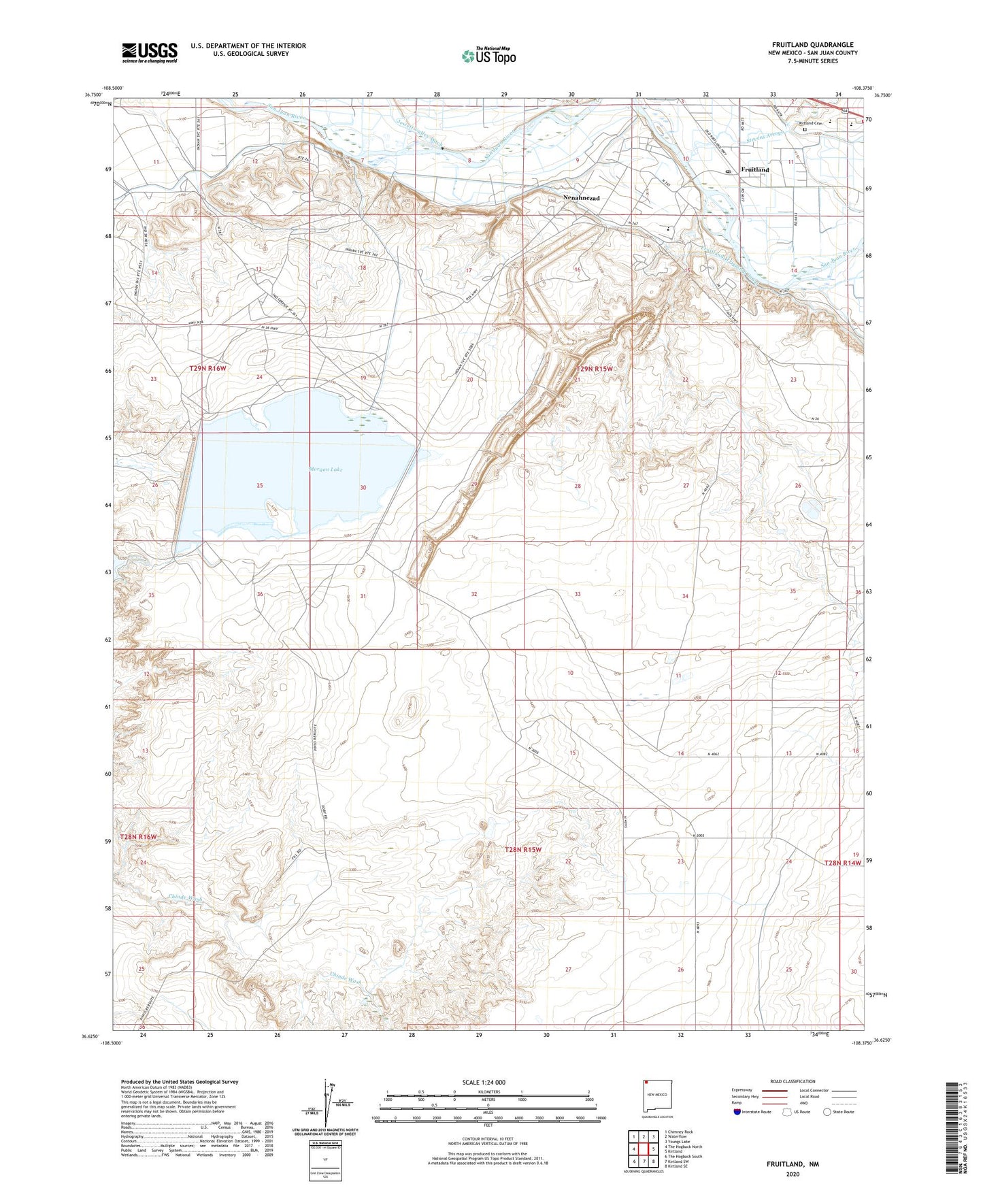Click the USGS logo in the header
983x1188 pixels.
pyautogui.click(x=150, y=52)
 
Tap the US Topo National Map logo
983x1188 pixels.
pyautogui.click(x=488, y=56)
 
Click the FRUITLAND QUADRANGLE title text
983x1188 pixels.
pyautogui.click(x=812, y=45)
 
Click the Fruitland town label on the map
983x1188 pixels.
pyautogui.click(x=755, y=169)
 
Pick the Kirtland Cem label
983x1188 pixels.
pyautogui.click(x=810, y=123)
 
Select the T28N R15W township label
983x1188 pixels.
pyautogui.click(x=522, y=850)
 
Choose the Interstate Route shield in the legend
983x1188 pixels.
pyautogui.click(x=737, y=1112)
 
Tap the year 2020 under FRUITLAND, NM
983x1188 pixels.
pyautogui.click(x=793, y=1174)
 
